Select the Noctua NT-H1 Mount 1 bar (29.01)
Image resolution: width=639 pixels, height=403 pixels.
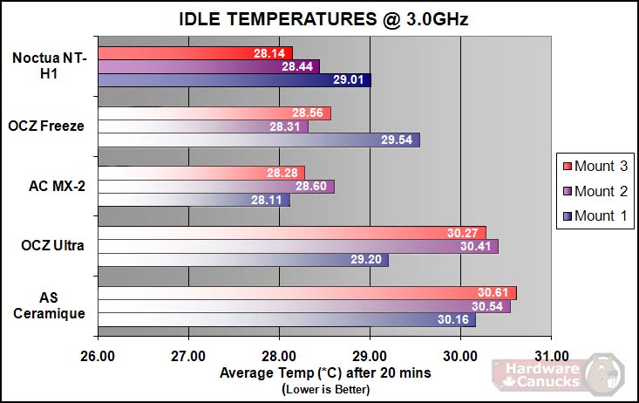pyautogui.click(x=235, y=80)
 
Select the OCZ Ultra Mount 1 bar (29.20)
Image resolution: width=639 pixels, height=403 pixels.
pyautogui.click(x=243, y=260)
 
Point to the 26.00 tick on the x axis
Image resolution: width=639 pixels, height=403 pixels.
pyautogui.click(x=98, y=355)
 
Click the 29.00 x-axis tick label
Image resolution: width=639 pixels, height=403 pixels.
pyautogui.click(x=370, y=355)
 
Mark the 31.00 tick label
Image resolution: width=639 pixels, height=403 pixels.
pyautogui.click(x=551, y=355)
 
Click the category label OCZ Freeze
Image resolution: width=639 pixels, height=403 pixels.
pyautogui.click(x=48, y=126)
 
